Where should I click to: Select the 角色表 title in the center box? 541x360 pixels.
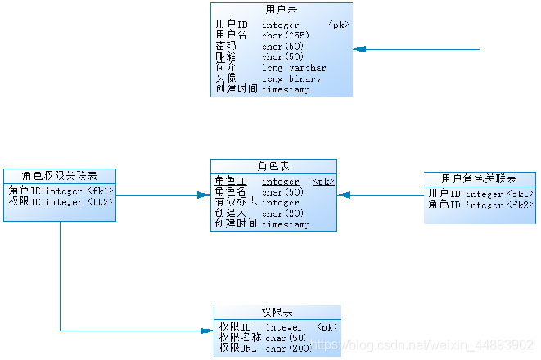click(273, 165)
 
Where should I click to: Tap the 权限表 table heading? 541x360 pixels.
click(277, 313)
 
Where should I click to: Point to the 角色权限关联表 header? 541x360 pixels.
click(60, 175)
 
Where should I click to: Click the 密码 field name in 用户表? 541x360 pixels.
click(225, 47)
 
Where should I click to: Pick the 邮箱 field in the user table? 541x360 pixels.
click(225, 57)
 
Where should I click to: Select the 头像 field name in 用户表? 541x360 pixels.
click(225, 79)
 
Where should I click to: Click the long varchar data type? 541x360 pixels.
click(294, 68)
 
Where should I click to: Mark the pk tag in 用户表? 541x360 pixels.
click(338, 25)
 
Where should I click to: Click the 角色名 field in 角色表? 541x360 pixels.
click(231, 191)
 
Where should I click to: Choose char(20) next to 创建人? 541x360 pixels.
click(283, 213)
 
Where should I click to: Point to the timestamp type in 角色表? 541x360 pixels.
click(286, 223)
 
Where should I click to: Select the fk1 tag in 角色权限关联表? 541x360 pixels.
click(99, 191)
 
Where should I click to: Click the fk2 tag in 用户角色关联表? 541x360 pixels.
click(521, 205)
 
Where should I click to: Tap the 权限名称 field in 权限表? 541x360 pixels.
click(240, 337)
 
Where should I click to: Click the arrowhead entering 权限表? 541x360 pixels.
click(208, 331)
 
